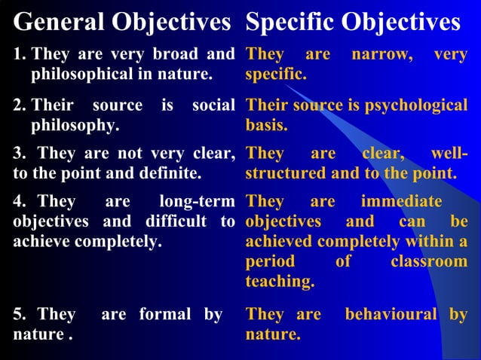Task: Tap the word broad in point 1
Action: click(176, 55)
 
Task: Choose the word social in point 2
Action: click(214, 105)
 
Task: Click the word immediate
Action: click(402, 202)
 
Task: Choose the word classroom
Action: click(429, 262)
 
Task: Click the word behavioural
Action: click(390, 314)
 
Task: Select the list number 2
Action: click(18, 105)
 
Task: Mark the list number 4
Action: click(18, 202)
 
